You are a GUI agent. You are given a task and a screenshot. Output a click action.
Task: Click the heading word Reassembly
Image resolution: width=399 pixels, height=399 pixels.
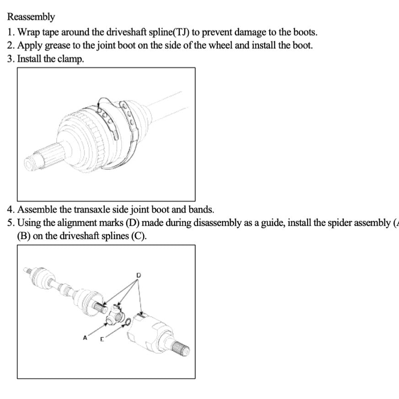[x=31, y=17]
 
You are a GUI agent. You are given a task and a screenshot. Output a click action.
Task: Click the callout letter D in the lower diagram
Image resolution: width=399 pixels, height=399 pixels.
[x=139, y=275]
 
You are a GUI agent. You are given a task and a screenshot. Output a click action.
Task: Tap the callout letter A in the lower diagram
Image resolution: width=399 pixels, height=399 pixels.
[x=85, y=338]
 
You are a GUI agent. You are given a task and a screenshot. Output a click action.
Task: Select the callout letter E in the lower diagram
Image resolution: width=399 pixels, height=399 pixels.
[x=102, y=339]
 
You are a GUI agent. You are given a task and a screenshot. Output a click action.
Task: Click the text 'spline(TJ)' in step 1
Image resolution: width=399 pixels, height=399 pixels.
[x=166, y=32]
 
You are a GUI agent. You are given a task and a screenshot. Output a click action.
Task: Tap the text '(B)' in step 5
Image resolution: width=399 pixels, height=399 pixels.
[x=24, y=237]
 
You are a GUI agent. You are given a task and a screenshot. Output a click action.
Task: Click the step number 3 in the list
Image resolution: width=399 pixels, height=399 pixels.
[x=10, y=59]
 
